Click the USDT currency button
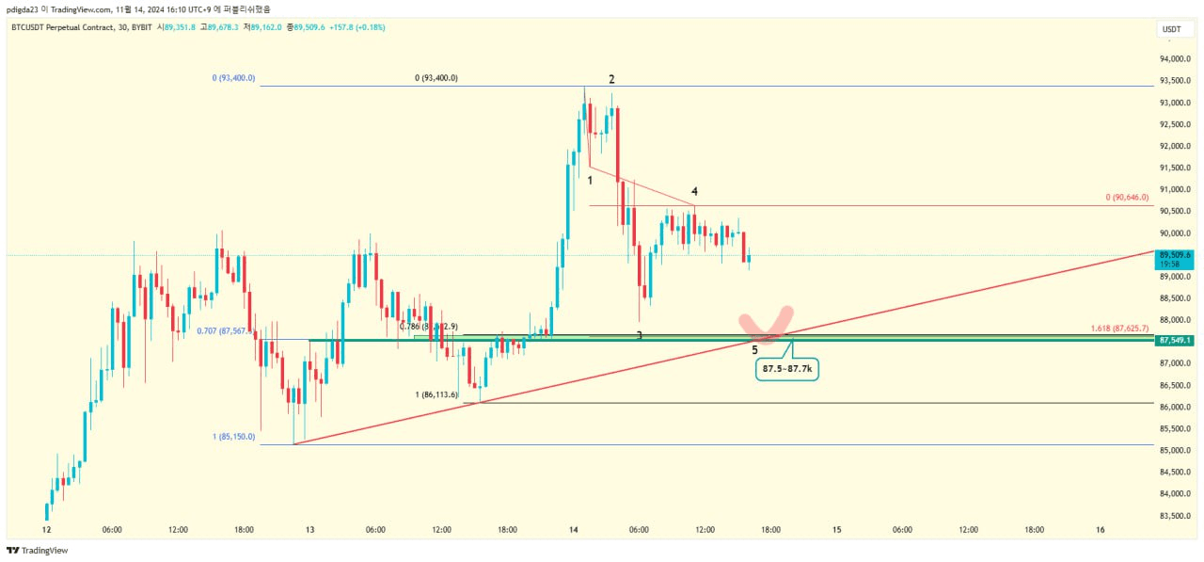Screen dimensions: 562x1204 pos(1172,29)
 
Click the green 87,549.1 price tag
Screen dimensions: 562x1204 pos(1176,340)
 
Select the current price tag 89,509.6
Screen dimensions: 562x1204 pos(1176,255)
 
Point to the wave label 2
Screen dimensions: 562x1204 pos(611,80)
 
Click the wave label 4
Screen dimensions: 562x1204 pos(694,192)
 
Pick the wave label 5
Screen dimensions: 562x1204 pos(755,350)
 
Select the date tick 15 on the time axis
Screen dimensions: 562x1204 pos(836,530)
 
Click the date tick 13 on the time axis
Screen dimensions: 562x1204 pos(309,530)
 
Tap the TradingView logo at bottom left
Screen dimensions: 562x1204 pos(38,551)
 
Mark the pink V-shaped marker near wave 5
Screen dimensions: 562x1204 pos(768,325)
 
